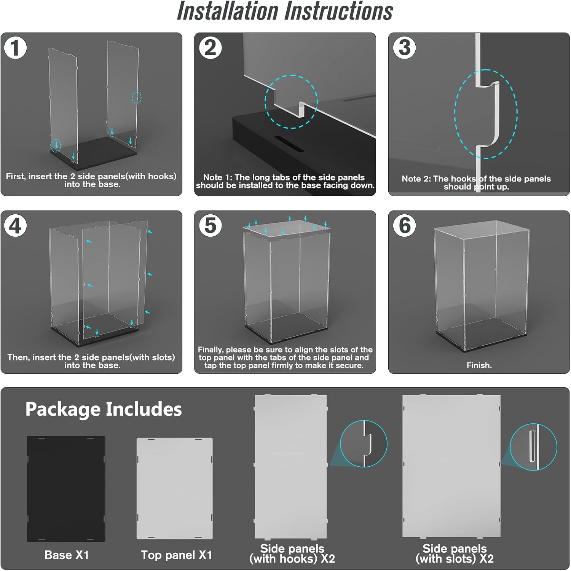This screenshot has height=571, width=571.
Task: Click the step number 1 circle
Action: (x=15, y=48)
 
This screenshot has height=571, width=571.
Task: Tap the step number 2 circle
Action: (x=210, y=48)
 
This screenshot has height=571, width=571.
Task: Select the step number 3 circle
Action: (x=404, y=48)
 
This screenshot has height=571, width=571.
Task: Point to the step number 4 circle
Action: (x=15, y=226)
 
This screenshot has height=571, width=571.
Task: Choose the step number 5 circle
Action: (x=210, y=226)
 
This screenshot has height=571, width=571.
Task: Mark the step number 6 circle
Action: (x=404, y=226)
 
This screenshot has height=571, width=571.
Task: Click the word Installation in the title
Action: (x=228, y=11)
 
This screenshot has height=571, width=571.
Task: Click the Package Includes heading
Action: (x=103, y=409)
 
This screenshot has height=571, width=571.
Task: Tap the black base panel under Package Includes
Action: (x=66, y=489)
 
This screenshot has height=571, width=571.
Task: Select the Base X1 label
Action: (x=67, y=555)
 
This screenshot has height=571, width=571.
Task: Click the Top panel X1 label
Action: (x=176, y=555)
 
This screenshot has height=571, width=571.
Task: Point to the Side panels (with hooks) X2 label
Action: (x=292, y=553)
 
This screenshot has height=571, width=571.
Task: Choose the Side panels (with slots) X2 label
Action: (x=455, y=553)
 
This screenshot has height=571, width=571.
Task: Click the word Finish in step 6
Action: (x=479, y=365)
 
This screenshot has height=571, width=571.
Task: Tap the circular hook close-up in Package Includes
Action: (x=364, y=443)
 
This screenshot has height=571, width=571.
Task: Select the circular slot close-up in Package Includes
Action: (x=533, y=447)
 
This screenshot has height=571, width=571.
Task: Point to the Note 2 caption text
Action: (x=476, y=183)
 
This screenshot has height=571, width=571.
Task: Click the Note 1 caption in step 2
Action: (x=285, y=182)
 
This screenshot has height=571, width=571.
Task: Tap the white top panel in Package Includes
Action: (x=175, y=488)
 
